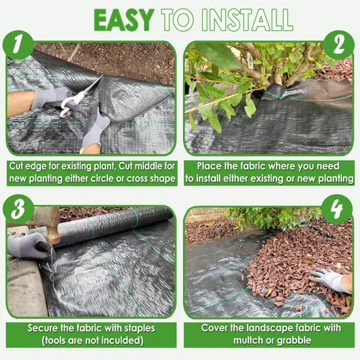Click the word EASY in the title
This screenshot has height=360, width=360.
[124, 20]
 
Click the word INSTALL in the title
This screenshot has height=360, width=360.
[247, 20]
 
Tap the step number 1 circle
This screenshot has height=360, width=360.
[18, 45]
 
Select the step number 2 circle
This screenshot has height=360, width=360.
[338, 45]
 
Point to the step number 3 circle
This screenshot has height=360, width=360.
[18, 209]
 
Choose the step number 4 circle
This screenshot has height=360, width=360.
[337, 209]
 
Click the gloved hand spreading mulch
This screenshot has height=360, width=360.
[329, 280]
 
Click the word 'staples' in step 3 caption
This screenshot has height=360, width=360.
[138, 329]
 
